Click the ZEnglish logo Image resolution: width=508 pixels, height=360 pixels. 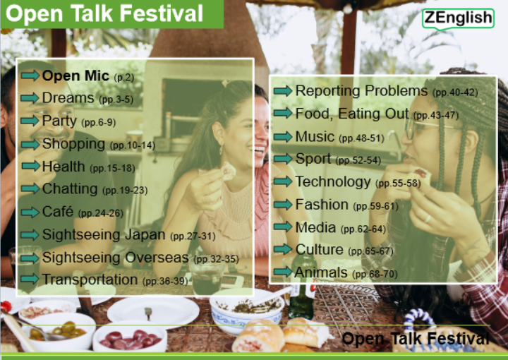(458, 18)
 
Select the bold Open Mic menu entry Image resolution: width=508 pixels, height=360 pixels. (75, 76)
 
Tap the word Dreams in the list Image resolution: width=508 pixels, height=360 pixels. (68, 98)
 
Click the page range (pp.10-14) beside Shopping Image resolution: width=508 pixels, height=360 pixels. (133, 145)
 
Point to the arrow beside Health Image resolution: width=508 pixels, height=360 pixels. (30, 166)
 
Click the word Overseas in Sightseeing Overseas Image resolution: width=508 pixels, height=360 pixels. (157, 258)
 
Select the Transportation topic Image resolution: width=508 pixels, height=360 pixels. (90, 280)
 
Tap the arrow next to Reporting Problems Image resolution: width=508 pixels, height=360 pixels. (283, 91)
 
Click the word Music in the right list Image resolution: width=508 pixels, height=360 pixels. (315, 136)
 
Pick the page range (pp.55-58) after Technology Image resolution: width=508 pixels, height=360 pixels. (398, 184)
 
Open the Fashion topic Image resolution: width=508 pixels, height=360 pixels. (322, 205)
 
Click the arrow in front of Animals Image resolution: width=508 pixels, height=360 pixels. (283, 272)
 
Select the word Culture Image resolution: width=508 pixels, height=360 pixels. (319, 249)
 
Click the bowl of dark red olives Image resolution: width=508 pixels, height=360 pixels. (131, 338)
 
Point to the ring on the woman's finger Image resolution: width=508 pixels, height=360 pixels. (428, 218)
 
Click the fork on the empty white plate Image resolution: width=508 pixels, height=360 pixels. (148, 313)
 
